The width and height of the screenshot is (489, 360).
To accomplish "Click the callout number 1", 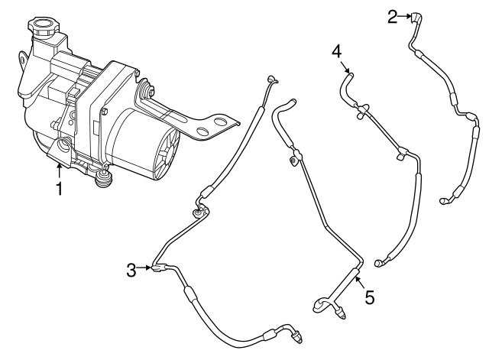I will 58,187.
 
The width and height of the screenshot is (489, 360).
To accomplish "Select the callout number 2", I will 392,15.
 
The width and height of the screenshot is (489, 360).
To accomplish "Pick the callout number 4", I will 336,51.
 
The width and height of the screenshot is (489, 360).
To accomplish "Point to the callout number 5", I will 370,297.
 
